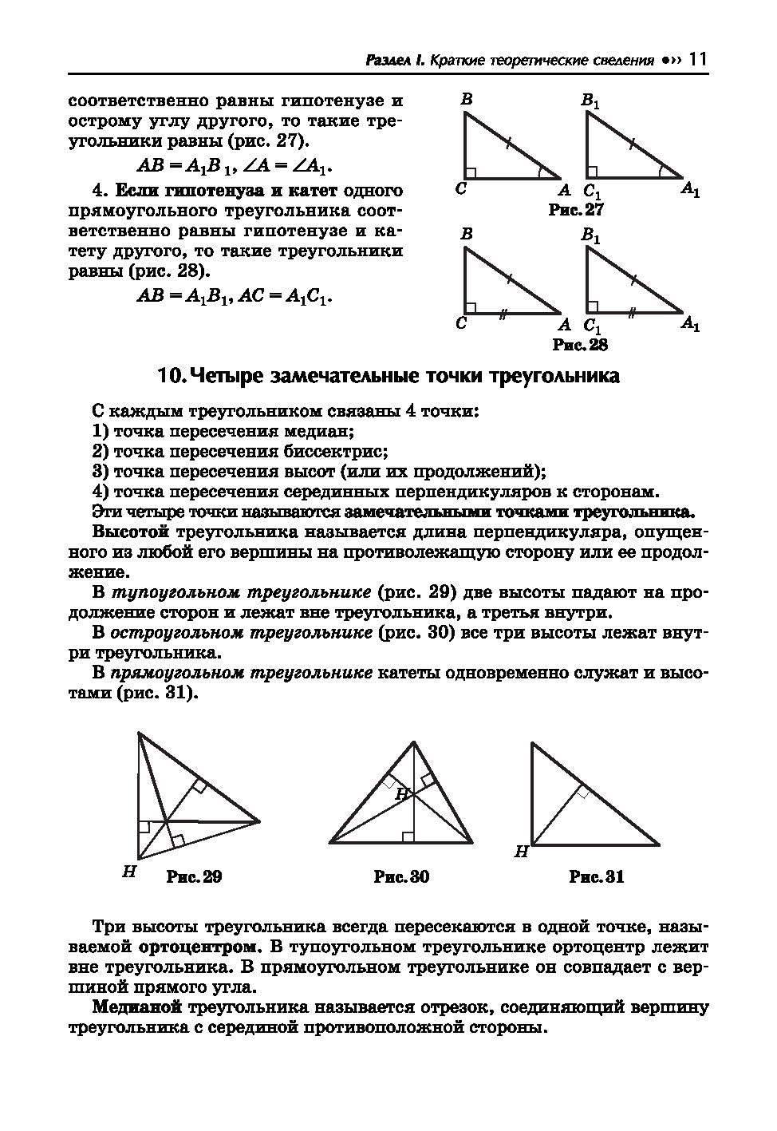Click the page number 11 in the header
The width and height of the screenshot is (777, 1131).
pyautogui.click(x=697, y=60)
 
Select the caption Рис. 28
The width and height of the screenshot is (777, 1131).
pyautogui.click(x=580, y=345)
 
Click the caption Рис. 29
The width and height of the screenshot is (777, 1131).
pyautogui.click(x=193, y=876)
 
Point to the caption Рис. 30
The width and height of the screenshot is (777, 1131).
pyautogui.click(x=401, y=876)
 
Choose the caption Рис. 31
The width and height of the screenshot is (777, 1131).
pyautogui.click(x=596, y=876)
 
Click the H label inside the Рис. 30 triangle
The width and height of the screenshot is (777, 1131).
pyautogui.click(x=402, y=793)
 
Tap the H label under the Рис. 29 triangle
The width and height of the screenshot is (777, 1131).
pyautogui.click(x=128, y=872)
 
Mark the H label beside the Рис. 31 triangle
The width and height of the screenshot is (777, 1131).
pyautogui.click(x=521, y=852)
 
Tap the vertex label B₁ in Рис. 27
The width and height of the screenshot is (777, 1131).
pyautogui.click(x=590, y=101)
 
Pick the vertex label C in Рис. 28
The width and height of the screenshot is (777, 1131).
pyautogui.click(x=461, y=323)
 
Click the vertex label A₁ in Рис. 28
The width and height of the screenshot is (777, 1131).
pyautogui.click(x=690, y=324)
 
